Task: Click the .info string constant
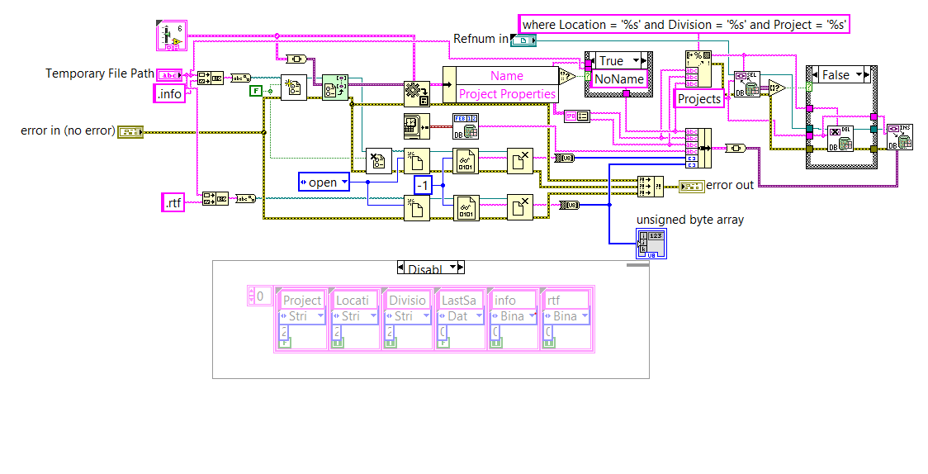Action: (x=168, y=93)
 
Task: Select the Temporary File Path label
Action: (x=100, y=73)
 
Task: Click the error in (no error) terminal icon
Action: (x=130, y=130)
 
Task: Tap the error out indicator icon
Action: (x=690, y=185)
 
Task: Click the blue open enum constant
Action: (x=323, y=182)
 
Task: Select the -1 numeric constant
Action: (x=423, y=186)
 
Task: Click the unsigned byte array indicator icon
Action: (x=651, y=243)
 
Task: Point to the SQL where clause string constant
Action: (x=684, y=25)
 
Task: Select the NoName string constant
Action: (x=618, y=79)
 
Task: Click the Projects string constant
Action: (x=698, y=99)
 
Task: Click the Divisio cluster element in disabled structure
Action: (x=407, y=301)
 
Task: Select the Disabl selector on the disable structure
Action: (x=430, y=268)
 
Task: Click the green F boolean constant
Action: (x=256, y=89)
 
